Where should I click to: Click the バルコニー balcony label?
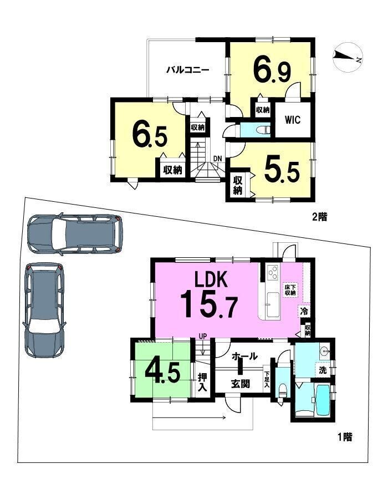pyautogui.click(x=188, y=70)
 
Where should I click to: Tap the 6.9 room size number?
pyautogui.click(x=272, y=70)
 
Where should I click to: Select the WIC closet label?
pyautogui.click(x=293, y=120)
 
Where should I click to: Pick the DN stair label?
pyautogui.click(x=217, y=158)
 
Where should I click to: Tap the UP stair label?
pyautogui.click(x=203, y=336)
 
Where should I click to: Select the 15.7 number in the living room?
pyautogui.click(x=209, y=305)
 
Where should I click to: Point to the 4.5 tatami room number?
pyautogui.click(x=163, y=373)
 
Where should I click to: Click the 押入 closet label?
pyautogui.click(x=202, y=383)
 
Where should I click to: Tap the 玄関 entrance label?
pyautogui.click(x=240, y=384)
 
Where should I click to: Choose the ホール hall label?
pyautogui.click(x=244, y=356)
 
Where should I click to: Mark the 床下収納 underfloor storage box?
pyautogui.click(x=290, y=289)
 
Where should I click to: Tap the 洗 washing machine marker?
pyautogui.click(x=323, y=371)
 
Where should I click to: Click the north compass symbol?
pyautogui.click(x=347, y=57)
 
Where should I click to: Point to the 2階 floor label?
pyautogui.click(x=319, y=218)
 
